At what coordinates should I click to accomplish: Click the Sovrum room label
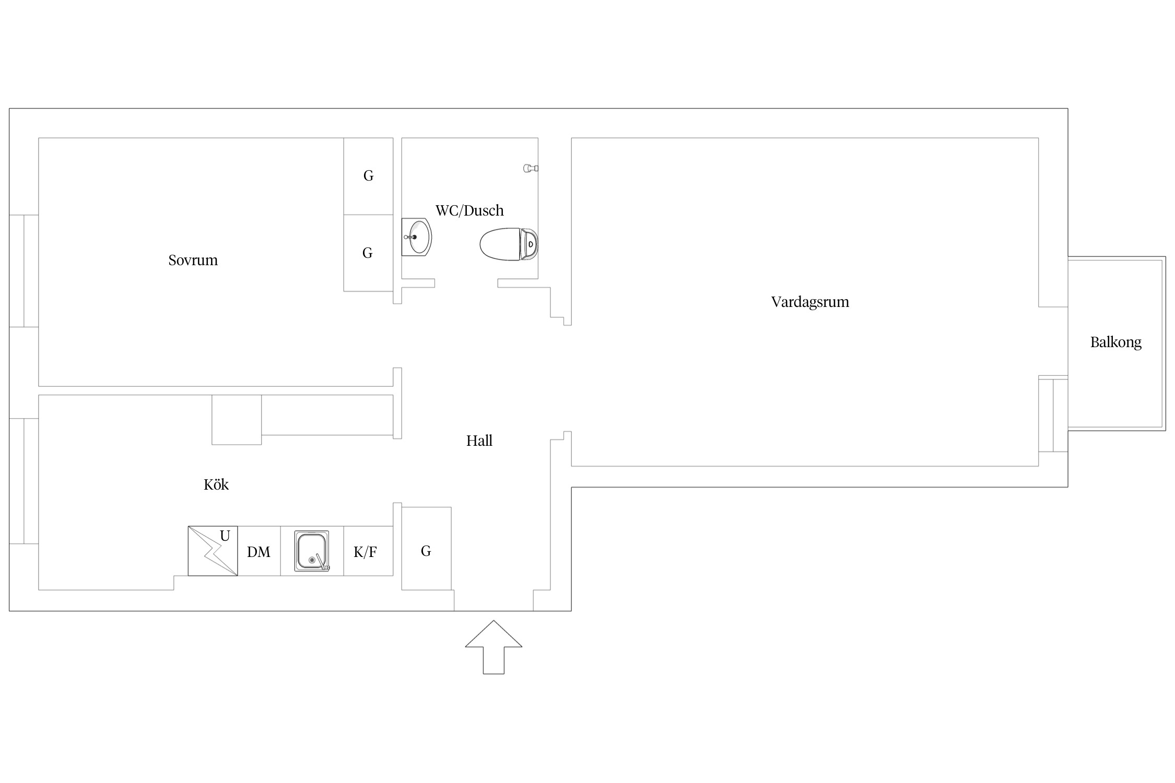(193, 260)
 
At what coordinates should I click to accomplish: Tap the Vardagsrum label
(810, 302)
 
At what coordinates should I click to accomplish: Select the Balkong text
(1116, 342)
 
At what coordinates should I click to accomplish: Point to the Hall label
(479, 441)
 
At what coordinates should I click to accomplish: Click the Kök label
(216, 484)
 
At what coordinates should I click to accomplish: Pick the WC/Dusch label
(469, 210)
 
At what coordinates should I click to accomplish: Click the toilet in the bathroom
(509, 244)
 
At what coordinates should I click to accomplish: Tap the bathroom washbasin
(417, 237)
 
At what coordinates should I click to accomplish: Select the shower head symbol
(531, 168)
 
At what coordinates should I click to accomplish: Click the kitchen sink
(312, 551)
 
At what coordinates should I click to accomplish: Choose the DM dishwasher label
(258, 552)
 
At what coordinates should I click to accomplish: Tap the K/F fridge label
(365, 552)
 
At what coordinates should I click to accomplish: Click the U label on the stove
(225, 536)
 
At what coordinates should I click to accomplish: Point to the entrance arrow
(494, 647)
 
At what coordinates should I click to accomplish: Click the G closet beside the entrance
(426, 549)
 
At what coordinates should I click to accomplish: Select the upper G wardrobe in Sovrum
(368, 176)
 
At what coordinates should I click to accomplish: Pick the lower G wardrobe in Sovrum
(368, 253)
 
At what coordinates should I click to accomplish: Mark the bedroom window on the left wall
(24, 271)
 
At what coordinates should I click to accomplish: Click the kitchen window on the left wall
(24, 481)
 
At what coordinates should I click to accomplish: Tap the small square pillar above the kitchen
(237, 420)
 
